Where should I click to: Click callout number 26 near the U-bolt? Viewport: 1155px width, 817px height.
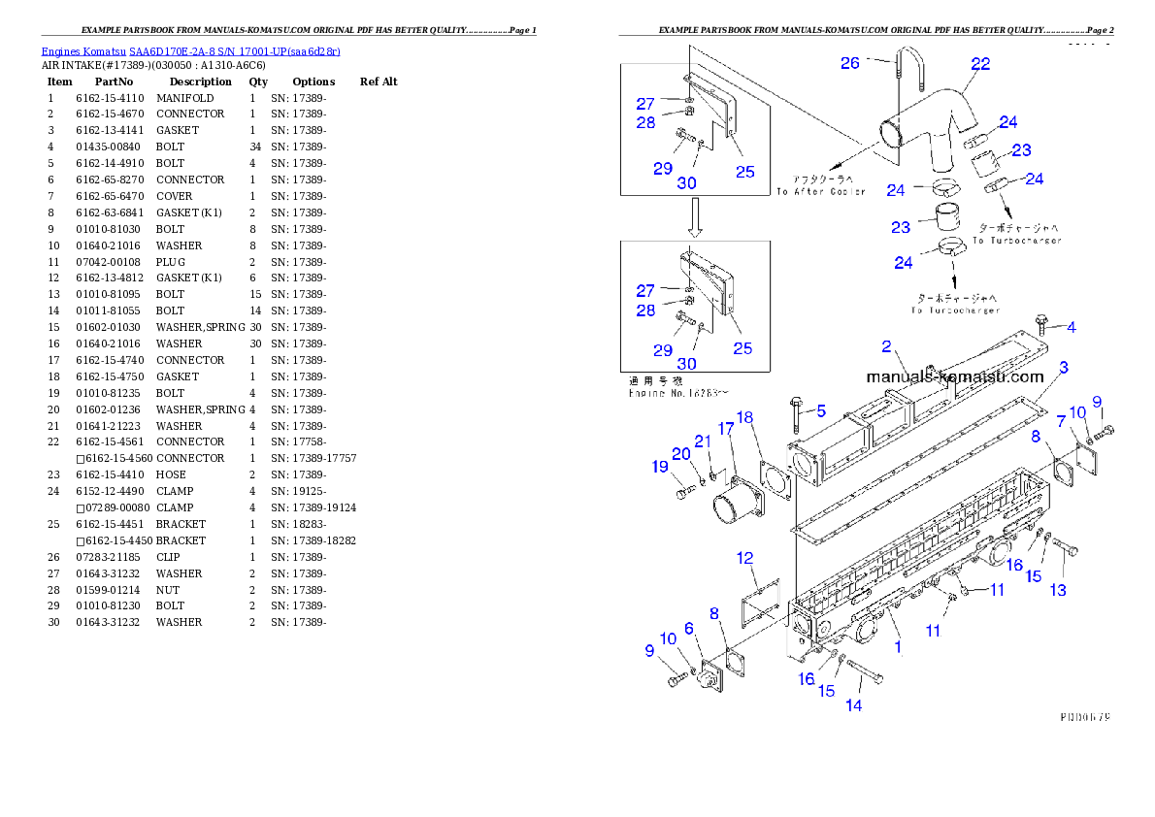pyautogui.click(x=850, y=63)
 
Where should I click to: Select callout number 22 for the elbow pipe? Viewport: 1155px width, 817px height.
pyautogui.click(x=980, y=64)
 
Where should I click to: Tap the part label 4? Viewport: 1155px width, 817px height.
pyautogui.click(x=1071, y=327)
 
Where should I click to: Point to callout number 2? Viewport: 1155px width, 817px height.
pyautogui.click(x=886, y=346)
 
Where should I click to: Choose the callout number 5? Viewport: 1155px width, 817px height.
pyautogui.click(x=819, y=410)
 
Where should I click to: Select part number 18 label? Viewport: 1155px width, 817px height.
pyautogui.click(x=744, y=418)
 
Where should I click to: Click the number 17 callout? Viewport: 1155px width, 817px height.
pyautogui.click(x=726, y=429)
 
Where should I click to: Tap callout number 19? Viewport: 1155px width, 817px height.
pyautogui.click(x=661, y=467)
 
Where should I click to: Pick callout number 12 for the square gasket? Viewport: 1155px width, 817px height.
pyautogui.click(x=745, y=558)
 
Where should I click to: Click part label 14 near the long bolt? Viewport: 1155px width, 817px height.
pyautogui.click(x=853, y=705)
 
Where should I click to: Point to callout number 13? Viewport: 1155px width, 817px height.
pyautogui.click(x=1058, y=589)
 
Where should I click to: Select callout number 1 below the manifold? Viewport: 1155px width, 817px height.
pyautogui.click(x=898, y=646)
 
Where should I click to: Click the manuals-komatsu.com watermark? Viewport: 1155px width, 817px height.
pyautogui.click(x=954, y=376)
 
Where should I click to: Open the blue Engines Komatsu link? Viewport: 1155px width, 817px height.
pyautogui.click(x=190, y=51)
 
